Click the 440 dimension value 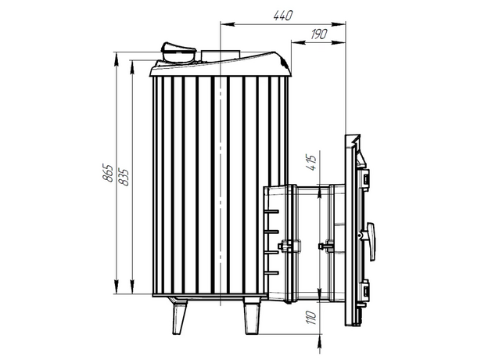click(x=283, y=15)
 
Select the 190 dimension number click(x=319, y=34)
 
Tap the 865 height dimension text click(x=108, y=172)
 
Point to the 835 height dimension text click(x=124, y=177)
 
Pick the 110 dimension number click(x=311, y=317)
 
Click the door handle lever click(x=371, y=241)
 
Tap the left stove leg click(x=180, y=316)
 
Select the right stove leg click(x=252, y=316)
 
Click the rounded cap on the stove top click(x=178, y=53)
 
